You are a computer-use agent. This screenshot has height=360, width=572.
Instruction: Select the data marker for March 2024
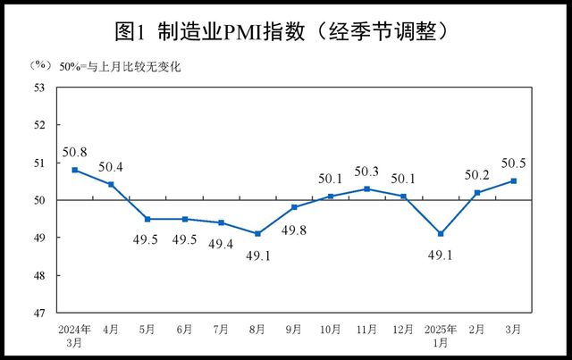coord(75,170)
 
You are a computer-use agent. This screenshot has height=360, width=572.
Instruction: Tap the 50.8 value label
coord(75,151)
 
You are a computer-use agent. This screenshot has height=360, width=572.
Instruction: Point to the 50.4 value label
coord(112,166)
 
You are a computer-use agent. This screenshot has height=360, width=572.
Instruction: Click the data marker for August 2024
coord(257,234)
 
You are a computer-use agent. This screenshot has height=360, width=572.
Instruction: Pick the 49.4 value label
coord(221,244)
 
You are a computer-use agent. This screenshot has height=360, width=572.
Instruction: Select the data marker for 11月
coord(367,188)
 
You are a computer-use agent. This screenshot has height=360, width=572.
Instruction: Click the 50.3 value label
coord(367,171)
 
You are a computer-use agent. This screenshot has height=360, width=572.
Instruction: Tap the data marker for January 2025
coord(441,234)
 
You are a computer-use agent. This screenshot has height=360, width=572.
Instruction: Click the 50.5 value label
coord(514,163)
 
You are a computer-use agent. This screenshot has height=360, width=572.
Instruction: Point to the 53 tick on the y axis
coord(39,88)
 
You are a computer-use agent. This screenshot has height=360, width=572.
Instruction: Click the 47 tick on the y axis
coord(39,313)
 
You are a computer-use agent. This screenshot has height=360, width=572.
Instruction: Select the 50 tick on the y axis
coord(39,200)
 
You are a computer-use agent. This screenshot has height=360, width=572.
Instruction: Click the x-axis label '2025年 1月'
coord(441,336)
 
